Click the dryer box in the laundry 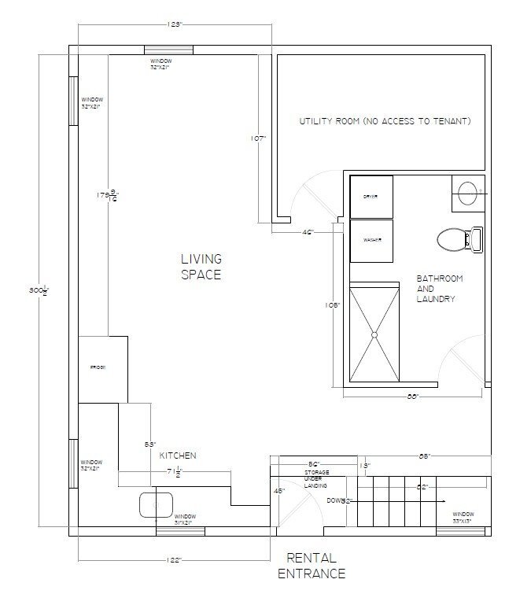(371, 196)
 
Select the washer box (371, 242)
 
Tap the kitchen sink (157, 504)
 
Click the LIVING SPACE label (201, 267)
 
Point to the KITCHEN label (178, 456)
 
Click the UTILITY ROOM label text (385, 122)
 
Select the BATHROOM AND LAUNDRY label (440, 289)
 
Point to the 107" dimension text (256, 138)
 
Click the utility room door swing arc (299, 193)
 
